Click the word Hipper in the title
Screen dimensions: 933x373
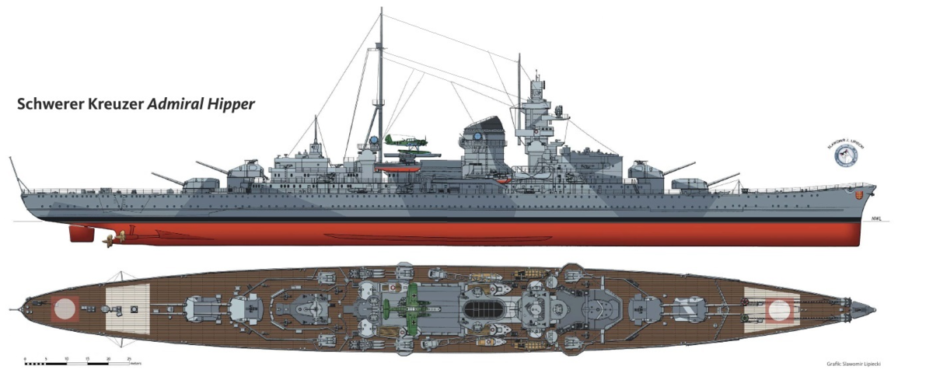(x=228, y=104)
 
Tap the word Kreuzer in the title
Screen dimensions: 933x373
(x=116, y=104)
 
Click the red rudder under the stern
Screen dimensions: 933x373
(x=80, y=233)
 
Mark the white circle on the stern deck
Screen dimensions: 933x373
(x=62, y=309)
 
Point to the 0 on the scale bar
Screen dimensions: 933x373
(x=26, y=360)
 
